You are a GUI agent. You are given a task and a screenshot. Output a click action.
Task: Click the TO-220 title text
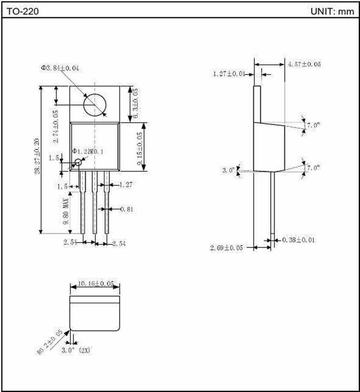point(23,12)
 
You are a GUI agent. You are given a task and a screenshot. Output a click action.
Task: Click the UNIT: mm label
point(332,12)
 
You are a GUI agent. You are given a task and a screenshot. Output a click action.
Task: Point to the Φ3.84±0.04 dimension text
point(60,68)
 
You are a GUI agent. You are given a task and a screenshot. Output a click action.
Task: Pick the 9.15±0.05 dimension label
point(140,148)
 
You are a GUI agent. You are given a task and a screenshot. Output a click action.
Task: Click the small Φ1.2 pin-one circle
point(78,163)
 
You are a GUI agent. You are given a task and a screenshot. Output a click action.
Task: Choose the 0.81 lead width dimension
point(127,209)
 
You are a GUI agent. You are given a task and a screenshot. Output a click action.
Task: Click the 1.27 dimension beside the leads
point(126,185)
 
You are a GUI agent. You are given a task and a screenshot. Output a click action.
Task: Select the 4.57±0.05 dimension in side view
point(304,64)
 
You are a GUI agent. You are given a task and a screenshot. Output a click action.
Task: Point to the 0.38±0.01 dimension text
point(298,240)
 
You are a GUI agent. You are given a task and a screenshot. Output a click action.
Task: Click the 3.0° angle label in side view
point(229,169)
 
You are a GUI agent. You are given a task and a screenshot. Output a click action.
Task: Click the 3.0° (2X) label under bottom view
point(75,350)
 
